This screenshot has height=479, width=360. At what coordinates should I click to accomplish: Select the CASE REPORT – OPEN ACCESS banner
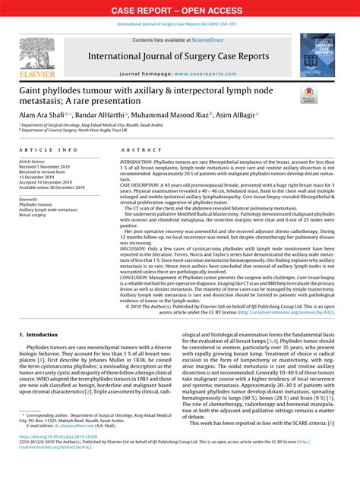(179, 11)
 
